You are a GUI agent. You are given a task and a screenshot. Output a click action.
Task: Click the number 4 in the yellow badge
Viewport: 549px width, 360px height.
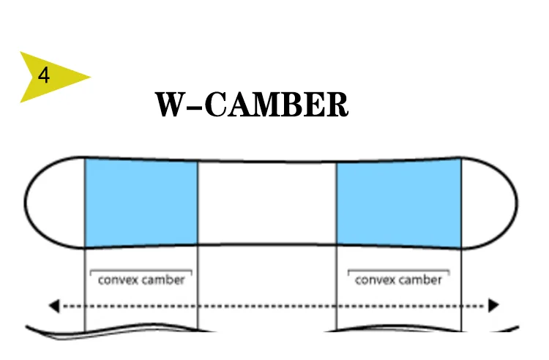click(45, 75)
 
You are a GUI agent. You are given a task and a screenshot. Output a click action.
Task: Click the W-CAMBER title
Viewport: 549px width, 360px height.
click(251, 105)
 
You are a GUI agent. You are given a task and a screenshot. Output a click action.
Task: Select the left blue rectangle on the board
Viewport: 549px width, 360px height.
click(141, 201)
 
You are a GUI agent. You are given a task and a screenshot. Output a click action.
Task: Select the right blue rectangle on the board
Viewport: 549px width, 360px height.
click(399, 203)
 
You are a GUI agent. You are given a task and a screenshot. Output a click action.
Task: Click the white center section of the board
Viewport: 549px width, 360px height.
click(267, 203)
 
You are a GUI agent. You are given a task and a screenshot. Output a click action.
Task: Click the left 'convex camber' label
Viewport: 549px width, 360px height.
click(141, 280)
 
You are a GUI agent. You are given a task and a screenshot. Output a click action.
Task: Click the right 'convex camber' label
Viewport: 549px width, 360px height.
click(398, 280)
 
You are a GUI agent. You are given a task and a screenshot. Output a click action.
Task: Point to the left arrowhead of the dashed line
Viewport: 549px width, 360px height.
click(53, 305)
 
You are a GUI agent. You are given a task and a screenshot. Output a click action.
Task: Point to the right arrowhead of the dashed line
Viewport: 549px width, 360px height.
click(494, 305)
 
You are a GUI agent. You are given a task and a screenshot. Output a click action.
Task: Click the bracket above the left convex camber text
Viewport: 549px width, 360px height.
click(141, 271)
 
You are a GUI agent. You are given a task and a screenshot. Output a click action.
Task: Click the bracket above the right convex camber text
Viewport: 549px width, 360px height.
click(398, 271)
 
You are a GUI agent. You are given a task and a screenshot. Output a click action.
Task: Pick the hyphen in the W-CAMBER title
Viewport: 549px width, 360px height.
click(195, 107)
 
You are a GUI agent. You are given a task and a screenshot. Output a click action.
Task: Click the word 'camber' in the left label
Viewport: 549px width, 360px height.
click(163, 280)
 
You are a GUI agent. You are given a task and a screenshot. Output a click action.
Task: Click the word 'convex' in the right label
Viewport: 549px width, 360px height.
click(374, 280)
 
